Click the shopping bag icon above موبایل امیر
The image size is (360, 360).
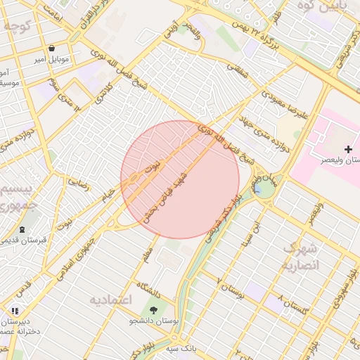click(x=53, y=49)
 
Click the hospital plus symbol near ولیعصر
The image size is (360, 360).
click(x=349, y=149)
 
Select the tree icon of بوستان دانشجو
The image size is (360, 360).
click(x=153, y=309)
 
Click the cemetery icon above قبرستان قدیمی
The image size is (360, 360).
click(x=23, y=229)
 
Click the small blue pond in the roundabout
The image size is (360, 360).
click(x=259, y=188)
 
